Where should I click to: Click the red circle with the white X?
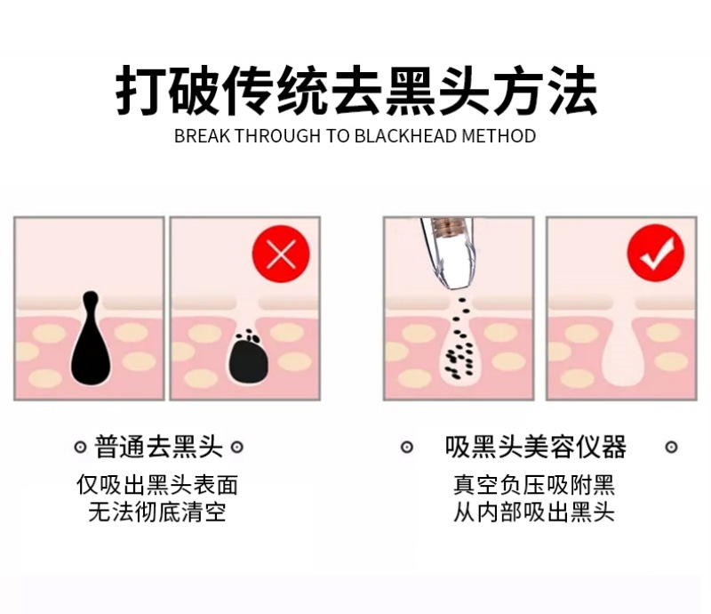coord(281,254)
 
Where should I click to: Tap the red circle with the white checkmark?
coord(656,253)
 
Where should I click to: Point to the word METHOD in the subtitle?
coord(499,136)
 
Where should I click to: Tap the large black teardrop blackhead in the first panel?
coord(91,338)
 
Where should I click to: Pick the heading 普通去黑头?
coord(159,447)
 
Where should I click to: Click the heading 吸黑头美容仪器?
coord(536,447)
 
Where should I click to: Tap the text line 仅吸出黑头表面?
coord(157,485)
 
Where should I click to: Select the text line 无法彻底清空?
coord(157,512)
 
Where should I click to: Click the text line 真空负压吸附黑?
coord(534,485)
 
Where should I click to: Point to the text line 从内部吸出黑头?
coord(534,512)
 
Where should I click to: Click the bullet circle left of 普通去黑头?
coord(80,448)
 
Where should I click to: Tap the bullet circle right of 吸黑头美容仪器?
coord(672,447)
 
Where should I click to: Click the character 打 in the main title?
coord(140,90)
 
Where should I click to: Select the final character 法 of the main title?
coord(572,90)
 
